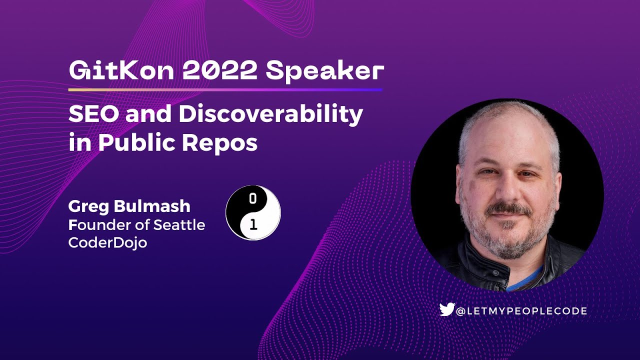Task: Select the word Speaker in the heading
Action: coord(324,71)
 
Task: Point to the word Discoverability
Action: coord(270,114)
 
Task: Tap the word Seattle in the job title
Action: coord(179,224)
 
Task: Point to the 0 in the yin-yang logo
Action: coord(253,198)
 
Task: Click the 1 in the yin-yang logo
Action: coord(253,225)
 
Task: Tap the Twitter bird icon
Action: coord(446,310)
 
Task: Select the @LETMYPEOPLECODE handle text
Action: coord(521,311)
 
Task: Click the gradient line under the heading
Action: coord(225,90)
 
